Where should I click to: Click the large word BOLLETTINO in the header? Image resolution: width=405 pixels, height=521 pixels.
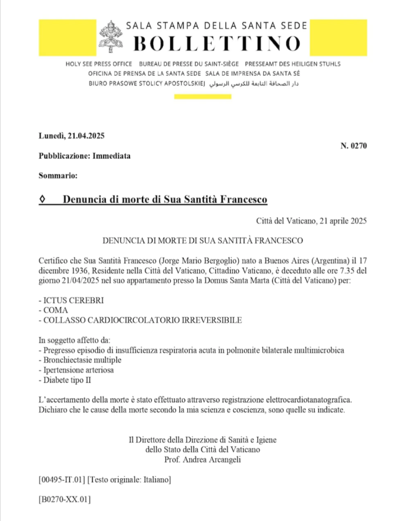pos(217,44)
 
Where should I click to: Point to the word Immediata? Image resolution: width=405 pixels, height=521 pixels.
pos(112,156)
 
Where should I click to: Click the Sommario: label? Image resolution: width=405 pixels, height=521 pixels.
pos(58,176)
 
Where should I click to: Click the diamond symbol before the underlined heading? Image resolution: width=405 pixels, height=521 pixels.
pos(43,199)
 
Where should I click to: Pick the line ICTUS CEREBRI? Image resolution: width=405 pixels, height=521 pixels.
pos(71,301)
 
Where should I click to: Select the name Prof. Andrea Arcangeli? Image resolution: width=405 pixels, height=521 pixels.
pos(203,459)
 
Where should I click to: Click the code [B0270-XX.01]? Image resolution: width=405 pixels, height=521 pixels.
pos(65,500)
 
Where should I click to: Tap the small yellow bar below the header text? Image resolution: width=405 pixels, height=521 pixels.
pos(196,96)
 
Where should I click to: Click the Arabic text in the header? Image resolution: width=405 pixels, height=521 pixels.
pos(254,83)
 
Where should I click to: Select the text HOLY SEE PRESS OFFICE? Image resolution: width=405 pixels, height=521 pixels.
pos(98,64)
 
